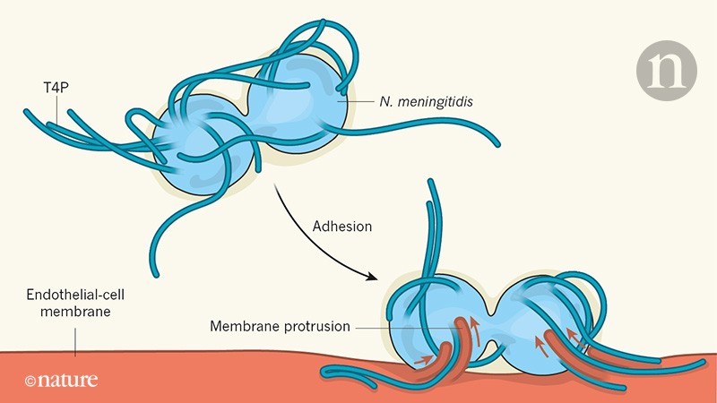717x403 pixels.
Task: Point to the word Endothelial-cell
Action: click(x=73, y=294)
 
